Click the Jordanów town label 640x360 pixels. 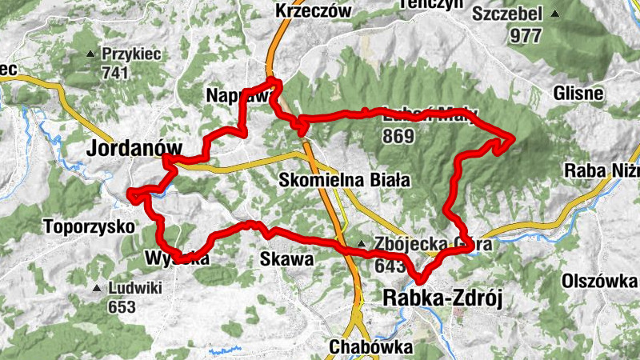[134, 149]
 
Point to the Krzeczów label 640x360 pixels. [313, 10]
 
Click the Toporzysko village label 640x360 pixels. [90, 226]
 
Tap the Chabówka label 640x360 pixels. [370, 347]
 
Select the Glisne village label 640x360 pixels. [578, 93]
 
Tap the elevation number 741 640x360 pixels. [116, 72]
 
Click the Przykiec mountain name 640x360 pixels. [131, 54]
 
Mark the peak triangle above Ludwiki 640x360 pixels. [97, 288]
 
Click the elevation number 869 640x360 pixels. [398, 136]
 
